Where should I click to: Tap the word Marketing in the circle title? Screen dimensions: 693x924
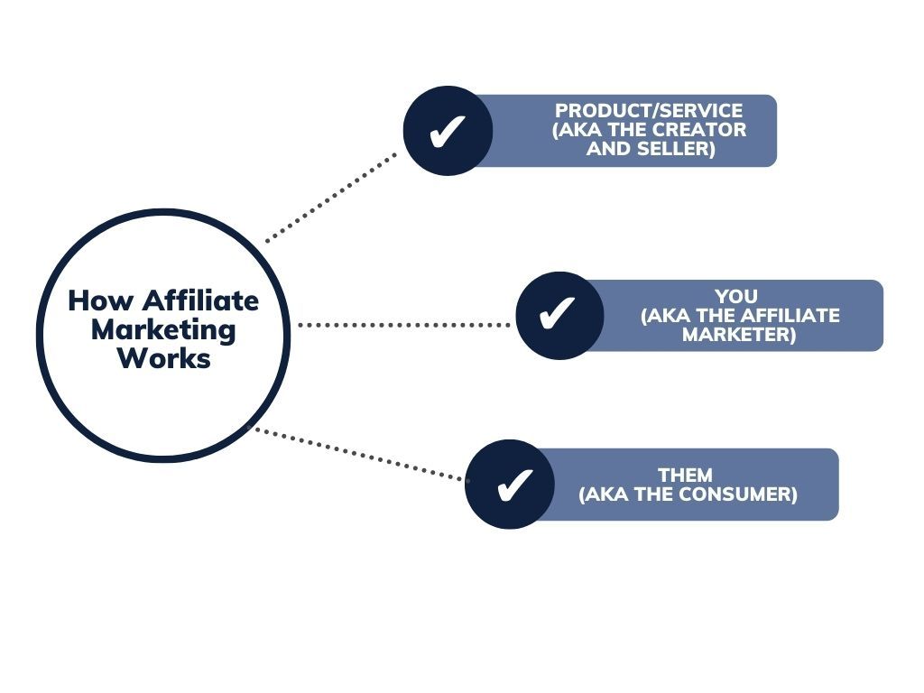tap(163, 329)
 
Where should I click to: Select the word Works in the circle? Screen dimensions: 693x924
tap(163, 358)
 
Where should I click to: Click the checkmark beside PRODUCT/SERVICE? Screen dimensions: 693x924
tap(448, 131)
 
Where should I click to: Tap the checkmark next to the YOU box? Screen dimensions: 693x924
tap(559, 315)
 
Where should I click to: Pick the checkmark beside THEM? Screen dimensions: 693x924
tap(510, 485)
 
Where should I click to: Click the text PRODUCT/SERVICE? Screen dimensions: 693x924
tap(649, 111)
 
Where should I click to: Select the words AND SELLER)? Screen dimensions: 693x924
tap(651, 149)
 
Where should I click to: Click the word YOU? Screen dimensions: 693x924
tap(736, 296)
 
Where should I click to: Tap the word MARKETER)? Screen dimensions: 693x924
tap(739, 335)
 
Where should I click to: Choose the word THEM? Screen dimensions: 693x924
tap(685, 476)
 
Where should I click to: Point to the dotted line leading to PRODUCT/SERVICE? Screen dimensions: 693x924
tap(331, 198)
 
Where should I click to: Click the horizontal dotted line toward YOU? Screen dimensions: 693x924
tap(403, 324)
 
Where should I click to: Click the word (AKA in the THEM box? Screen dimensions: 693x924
tap(601, 494)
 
